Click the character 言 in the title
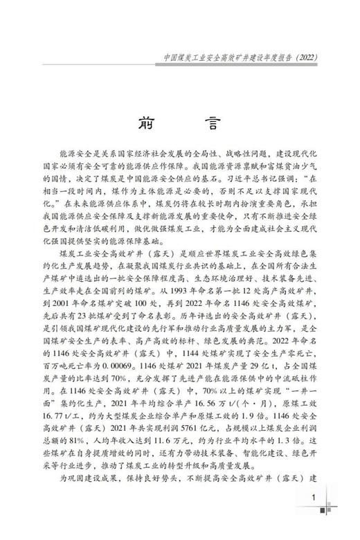(x=211, y=122)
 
